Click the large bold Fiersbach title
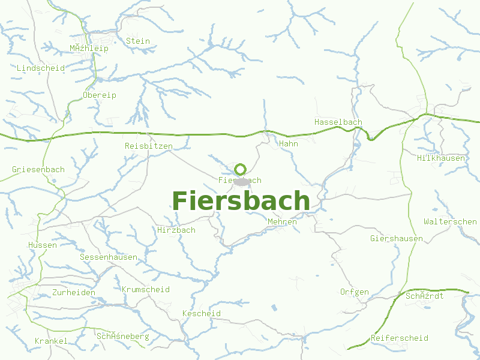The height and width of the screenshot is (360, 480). [241, 201]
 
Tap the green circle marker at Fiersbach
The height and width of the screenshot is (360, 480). [241, 169]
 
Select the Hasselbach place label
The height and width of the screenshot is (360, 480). [338, 122]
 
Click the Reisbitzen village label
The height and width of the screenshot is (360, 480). [148, 146]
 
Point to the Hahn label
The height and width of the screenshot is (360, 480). [289, 144]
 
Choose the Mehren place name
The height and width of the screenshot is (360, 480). [282, 222]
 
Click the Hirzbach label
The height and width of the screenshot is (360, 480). [176, 230]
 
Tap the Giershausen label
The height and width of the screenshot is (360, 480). [397, 239]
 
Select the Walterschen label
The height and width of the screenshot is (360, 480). [450, 222]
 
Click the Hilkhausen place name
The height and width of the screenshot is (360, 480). [441, 158]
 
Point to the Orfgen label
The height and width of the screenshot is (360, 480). [354, 292]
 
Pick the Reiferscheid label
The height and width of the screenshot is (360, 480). [400, 338]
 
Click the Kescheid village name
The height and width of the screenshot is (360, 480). [201, 314]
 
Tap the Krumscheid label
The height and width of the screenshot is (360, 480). [145, 290]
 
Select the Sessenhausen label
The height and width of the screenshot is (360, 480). [108, 257]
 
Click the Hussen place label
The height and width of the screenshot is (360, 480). [43, 245]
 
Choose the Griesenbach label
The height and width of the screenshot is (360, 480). [38, 170]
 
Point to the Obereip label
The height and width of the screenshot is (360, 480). [100, 95]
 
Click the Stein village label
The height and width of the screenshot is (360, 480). [138, 41]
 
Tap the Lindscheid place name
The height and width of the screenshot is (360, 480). [41, 68]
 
